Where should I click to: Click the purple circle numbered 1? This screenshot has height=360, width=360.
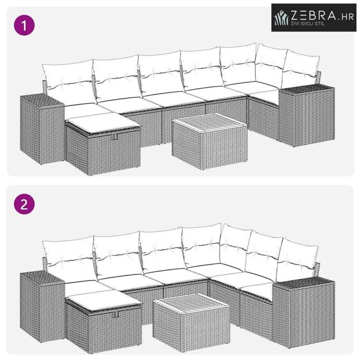(x=25, y=25)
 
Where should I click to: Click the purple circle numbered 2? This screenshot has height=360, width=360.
(x=25, y=204)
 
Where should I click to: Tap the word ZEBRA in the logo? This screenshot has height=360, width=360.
(x=314, y=16)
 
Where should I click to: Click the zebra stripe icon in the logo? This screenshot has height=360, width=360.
(x=282, y=18)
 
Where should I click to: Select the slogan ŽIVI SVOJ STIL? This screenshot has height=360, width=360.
(x=308, y=23)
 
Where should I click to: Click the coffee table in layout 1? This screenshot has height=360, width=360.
(x=210, y=141)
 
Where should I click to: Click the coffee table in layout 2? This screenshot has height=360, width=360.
(x=191, y=322)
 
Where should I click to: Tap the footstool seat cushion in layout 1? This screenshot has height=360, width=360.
(x=103, y=123)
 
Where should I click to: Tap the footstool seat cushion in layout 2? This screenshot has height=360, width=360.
(x=104, y=299)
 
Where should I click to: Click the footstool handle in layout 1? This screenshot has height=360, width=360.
(x=115, y=137)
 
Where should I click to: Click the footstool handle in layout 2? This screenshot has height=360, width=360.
(x=116, y=314)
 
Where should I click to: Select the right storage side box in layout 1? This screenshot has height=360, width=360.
(x=307, y=115)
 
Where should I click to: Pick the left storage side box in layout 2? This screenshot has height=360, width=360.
(x=42, y=306)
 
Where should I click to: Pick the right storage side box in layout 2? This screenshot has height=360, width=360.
(x=304, y=314)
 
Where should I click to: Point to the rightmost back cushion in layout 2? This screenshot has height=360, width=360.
(x=297, y=260)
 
